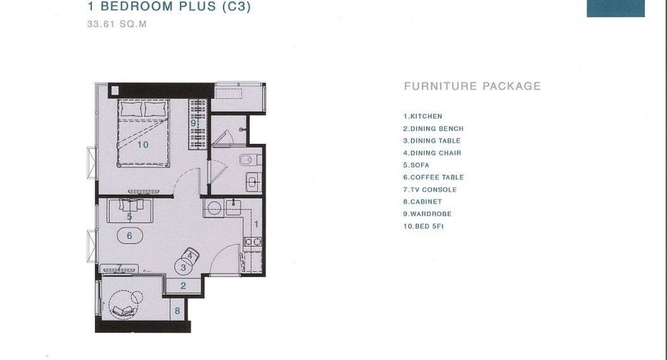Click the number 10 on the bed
pos(143,145)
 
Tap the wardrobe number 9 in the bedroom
pos(193,123)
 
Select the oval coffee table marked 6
pos(130,235)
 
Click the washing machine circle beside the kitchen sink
pos(214,208)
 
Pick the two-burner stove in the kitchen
pos(253,242)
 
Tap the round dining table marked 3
pos(183,267)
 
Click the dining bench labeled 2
pos(183,286)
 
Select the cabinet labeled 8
pos(177,311)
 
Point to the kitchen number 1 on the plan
pos(256,224)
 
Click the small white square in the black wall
pos(115,91)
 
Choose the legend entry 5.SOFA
pos(416,165)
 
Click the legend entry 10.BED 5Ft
pos(423,227)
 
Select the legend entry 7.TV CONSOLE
pos(430,190)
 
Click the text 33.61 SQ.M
pos(117,24)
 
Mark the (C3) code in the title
pos(237,7)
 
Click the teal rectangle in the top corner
pos(616,8)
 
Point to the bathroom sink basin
pos(254,182)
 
